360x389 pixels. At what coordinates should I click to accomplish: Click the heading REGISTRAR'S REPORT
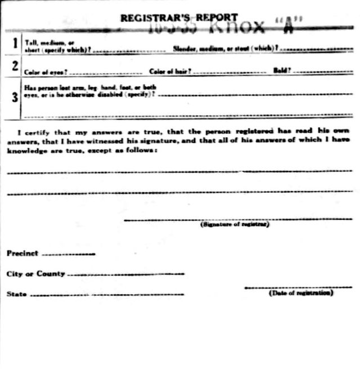179,18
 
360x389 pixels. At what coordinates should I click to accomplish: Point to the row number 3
13,97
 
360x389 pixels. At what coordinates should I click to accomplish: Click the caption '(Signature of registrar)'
235,224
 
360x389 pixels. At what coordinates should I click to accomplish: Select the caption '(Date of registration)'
301,293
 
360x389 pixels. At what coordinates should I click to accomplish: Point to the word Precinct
22,254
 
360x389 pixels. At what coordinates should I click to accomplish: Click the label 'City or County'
35,274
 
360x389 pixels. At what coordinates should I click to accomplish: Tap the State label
16,294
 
